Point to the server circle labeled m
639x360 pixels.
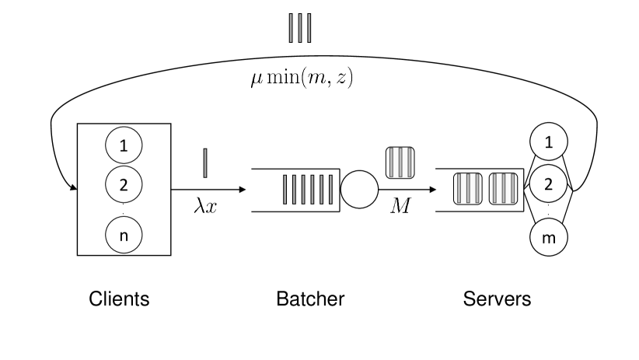(x=549, y=238)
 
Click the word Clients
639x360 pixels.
(x=119, y=299)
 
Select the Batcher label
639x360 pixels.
(x=310, y=299)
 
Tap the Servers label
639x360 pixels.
(x=497, y=299)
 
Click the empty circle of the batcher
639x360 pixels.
(x=359, y=189)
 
